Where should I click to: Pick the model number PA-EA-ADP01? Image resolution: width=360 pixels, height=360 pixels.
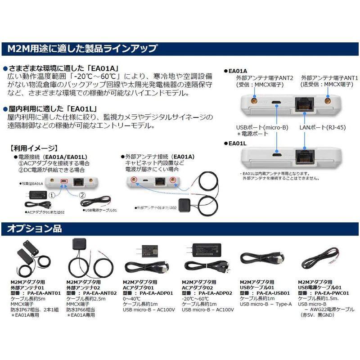click(x=156, y=292)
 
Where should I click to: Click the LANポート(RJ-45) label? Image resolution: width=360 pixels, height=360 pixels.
click(x=323, y=127)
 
